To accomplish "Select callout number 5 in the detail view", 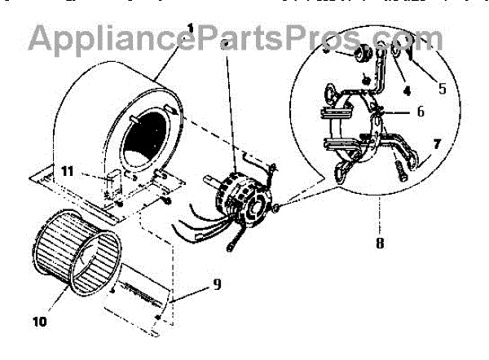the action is (441, 87).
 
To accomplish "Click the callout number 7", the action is (438, 144).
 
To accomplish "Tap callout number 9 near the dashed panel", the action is (216, 285).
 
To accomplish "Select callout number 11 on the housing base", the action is (70, 171).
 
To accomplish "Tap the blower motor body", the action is (239, 195).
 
